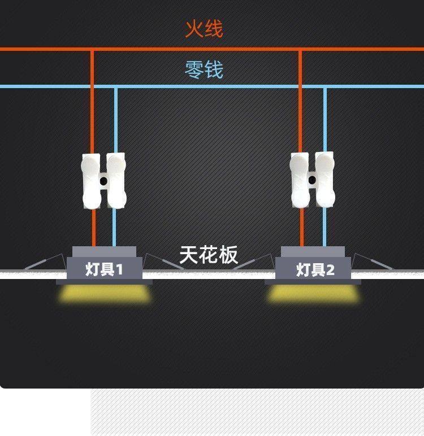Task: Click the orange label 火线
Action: [x=204, y=28]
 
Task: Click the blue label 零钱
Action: [x=204, y=69]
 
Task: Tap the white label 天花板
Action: [x=209, y=255]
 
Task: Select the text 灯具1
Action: [x=104, y=269]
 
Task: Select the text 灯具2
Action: [x=315, y=269]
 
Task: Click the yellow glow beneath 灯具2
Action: [x=314, y=293]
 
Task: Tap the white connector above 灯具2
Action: [x=313, y=180]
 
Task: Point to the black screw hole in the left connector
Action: [x=104, y=181]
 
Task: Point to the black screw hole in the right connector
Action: [x=311, y=180]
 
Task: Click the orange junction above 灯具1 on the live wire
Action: [x=93, y=50]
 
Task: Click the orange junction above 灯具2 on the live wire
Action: [x=301, y=50]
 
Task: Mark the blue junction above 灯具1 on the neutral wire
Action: [x=116, y=87]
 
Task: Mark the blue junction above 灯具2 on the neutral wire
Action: [x=325, y=87]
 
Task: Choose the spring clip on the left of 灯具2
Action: [x=254, y=262]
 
